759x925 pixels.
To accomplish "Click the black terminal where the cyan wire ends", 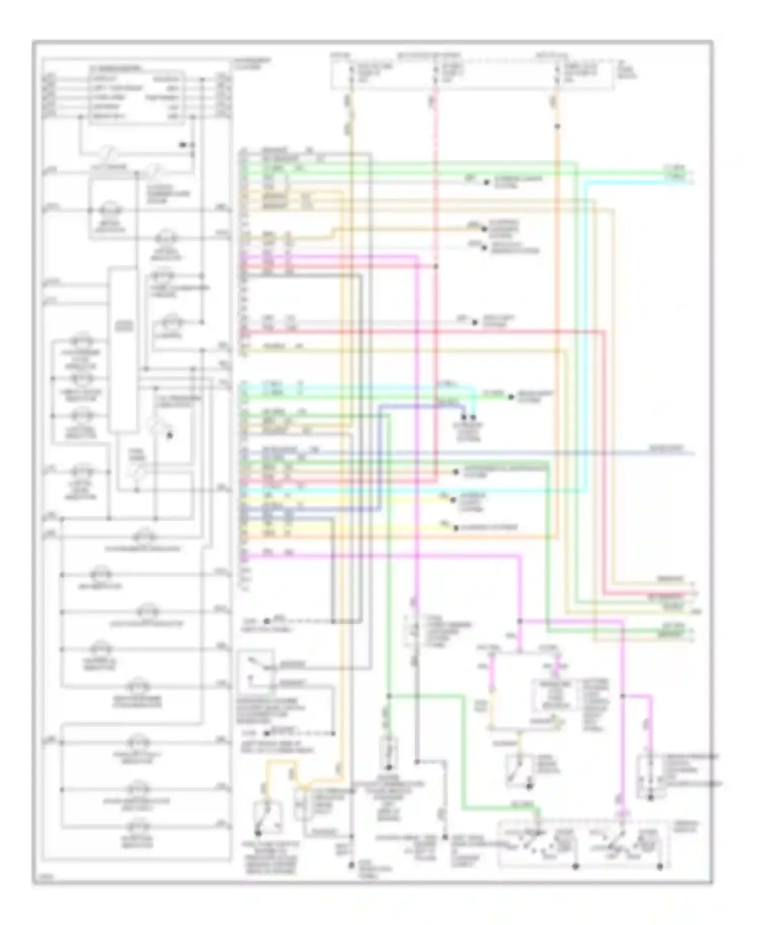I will tap(474, 418).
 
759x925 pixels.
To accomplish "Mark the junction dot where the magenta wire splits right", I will tap(520, 621).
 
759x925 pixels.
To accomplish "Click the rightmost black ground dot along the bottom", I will tap(660, 867).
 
